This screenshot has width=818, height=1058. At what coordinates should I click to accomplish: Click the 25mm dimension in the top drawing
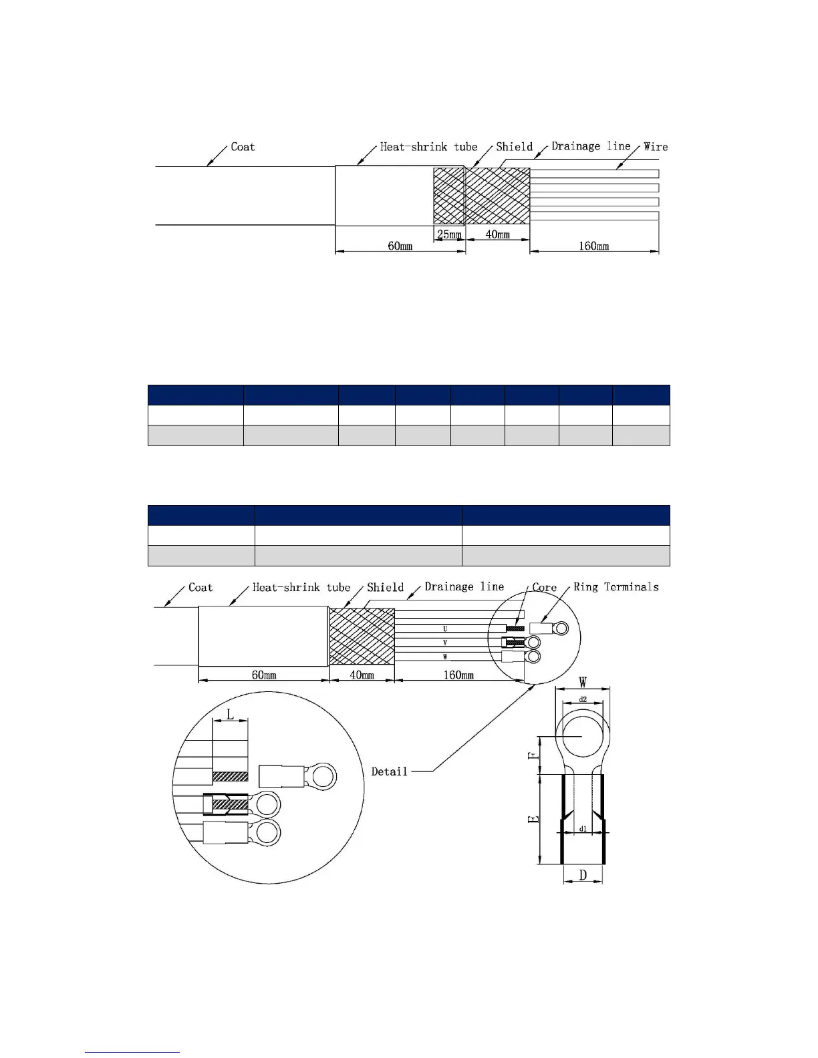click(448, 234)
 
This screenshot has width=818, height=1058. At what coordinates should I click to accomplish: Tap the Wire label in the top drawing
click(656, 146)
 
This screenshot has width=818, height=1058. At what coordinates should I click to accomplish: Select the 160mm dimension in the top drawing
click(593, 246)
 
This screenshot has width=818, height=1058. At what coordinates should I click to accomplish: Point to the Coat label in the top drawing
click(243, 146)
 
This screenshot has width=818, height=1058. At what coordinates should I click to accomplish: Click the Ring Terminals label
click(616, 586)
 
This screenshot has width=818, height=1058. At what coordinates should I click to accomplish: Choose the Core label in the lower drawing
click(544, 587)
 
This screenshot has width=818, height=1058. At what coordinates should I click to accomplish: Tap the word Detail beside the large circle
click(389, 771)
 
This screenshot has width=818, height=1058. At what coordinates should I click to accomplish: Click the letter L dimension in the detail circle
click(231, 715)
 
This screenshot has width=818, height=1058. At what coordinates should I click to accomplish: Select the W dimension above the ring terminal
click(583, 682)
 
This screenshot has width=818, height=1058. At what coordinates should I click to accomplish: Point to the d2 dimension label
click(583, 699)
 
